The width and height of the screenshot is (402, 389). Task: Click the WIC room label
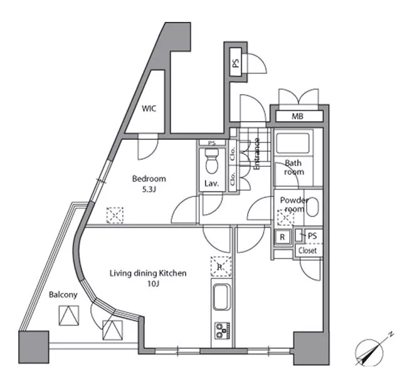coord(149,109)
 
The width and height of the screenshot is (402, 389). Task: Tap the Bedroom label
coord(149,179)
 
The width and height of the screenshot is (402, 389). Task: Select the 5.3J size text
coord(149,189)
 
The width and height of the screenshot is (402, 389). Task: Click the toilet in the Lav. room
coord(211,161)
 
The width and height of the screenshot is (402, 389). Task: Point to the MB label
coord(297,117)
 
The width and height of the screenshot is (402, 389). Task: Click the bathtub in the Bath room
coord(292,143)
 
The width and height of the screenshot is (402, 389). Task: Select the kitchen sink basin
coord(221,297)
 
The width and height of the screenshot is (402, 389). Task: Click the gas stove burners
coord(222,331)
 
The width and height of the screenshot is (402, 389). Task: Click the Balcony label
coord(63,295)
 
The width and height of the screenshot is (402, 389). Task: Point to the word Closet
coord(307,250)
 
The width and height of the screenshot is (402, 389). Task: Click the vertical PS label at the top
coord(236,63)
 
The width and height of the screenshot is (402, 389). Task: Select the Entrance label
coord(257,154)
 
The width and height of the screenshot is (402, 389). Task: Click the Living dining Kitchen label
coord(148,274)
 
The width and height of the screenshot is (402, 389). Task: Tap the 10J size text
coord(153,284)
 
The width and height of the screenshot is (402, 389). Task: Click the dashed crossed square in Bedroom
coord(115,215)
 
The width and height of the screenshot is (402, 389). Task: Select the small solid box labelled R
coord(282,237)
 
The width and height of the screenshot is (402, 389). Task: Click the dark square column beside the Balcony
coord(34,347)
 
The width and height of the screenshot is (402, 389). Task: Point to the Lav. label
coord(211,184)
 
